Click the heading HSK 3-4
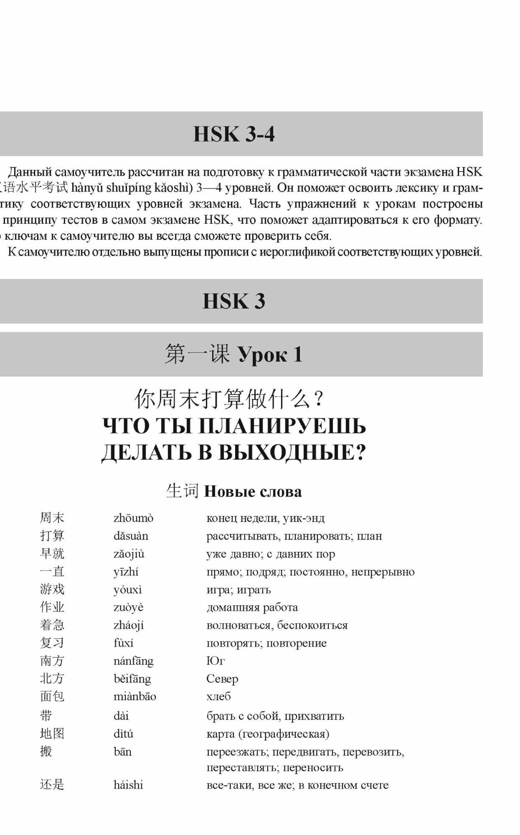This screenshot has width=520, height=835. coord(233,134)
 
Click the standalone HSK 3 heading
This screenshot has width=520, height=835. coord(233,301)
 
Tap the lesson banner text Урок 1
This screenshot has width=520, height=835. coord(270,354)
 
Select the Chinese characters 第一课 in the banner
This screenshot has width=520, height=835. coord(197,354)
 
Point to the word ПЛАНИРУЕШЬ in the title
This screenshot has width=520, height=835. coord(282,426)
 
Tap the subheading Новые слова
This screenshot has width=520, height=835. coord(253,491)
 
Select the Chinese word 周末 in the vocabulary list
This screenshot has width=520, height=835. coord(52,518)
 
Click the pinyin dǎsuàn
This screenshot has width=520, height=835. coord(131,536)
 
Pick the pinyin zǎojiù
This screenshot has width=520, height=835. coord(129,554)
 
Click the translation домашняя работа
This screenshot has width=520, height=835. coord(252,607)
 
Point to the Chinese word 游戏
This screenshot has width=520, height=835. coord(52,590)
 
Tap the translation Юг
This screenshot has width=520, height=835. coord(216,661)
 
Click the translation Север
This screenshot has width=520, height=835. coord(222,679)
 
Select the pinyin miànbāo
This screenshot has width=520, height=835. coord(134,696)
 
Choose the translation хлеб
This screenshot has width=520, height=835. coord(218,696)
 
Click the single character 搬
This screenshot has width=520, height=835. coord(46,751)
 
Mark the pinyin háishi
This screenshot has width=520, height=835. coord(128,785)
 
